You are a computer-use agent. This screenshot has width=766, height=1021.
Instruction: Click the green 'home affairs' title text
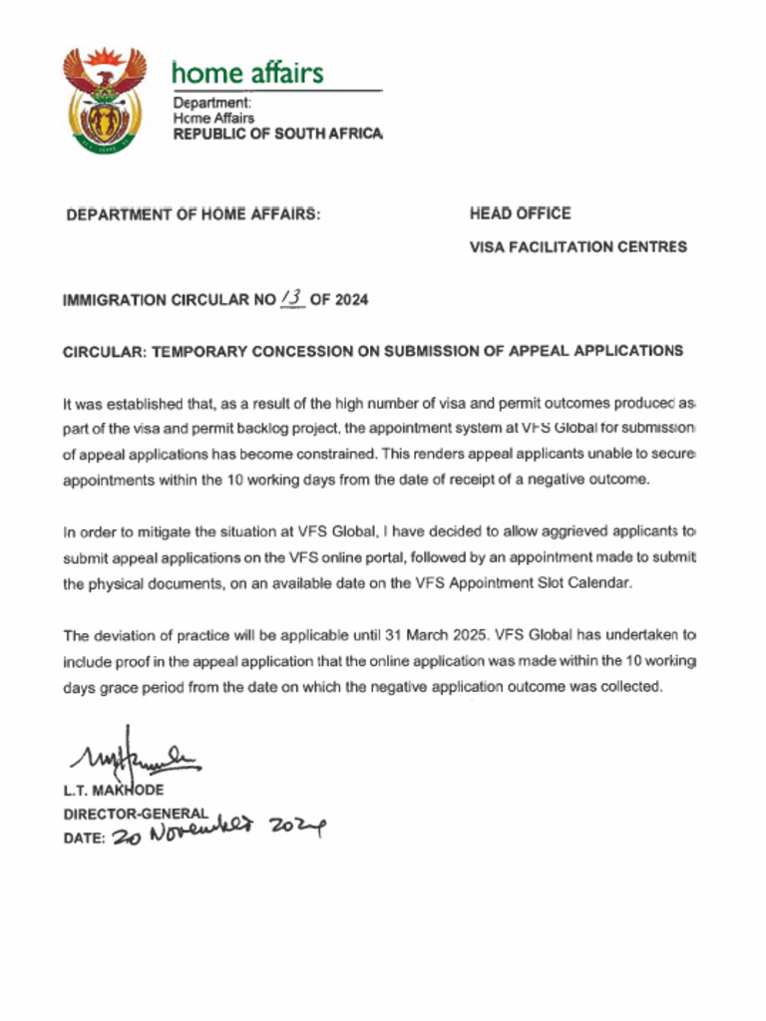coord(247,73)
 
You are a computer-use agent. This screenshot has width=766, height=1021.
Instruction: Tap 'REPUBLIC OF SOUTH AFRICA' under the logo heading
coord(277,134)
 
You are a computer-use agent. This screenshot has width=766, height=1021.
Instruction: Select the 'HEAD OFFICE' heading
coord(520,213)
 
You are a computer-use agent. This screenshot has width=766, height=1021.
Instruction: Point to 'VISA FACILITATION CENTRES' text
coord(577,246)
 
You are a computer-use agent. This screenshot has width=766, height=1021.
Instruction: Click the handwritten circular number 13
coord(292,297)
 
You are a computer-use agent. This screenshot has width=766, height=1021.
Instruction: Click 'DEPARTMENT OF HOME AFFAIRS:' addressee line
coord(192,214)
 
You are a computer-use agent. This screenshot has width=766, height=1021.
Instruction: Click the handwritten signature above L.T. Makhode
coord(135,762)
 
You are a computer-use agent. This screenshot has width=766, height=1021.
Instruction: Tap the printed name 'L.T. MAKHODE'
coord(113,791)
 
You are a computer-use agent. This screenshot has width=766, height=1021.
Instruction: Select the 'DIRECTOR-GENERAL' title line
coord(136,814)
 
